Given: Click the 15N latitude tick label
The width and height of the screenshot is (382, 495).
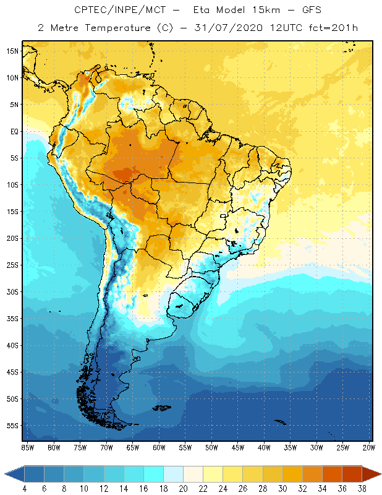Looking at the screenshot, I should [12, 51].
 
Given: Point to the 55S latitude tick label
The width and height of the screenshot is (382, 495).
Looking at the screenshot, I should [12, 426].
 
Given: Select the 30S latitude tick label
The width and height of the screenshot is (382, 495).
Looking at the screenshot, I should [12, 291].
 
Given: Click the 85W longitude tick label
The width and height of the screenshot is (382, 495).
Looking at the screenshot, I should [27, 447].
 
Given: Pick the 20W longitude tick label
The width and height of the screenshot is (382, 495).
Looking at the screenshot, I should [368, 447].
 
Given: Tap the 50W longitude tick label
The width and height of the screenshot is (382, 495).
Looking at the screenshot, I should [211, 447].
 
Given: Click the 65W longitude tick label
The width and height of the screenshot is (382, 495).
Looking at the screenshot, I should [132, 447].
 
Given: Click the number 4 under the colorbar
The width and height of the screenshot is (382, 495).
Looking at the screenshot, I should [25, 488].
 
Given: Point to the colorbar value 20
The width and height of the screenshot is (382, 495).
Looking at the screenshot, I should [183, 488].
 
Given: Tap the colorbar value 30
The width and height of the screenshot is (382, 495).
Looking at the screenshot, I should [282, 488].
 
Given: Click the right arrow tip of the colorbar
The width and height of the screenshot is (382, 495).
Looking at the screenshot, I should [379, 474].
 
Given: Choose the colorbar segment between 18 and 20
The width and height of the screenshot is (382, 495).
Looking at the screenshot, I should [173, 474].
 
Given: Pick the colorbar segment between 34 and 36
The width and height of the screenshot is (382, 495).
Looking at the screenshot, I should [332, 474].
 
